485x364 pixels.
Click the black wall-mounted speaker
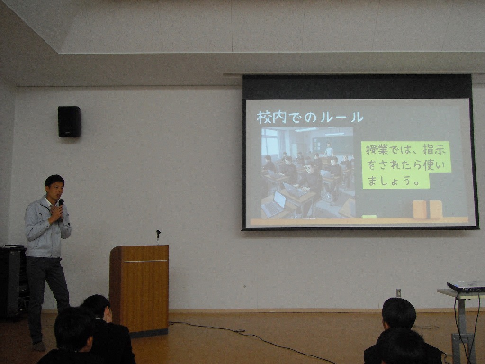coord(69,122)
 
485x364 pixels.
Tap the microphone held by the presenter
coord(61,203)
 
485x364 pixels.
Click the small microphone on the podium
coord(158,237)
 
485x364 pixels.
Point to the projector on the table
coord(466,286)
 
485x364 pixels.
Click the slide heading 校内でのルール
coord(310,117)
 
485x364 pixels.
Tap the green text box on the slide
coord(406,165)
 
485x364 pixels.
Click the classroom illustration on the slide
coord(307,173)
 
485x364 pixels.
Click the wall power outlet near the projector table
coord(399,292)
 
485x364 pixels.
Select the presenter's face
coord(55,188)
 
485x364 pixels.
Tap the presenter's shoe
coord(39,346)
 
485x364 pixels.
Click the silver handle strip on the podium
coord(145,261)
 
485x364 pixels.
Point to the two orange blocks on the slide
coord(428,209)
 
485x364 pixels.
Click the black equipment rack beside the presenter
coord(13,282)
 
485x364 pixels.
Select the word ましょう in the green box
coord(393,181)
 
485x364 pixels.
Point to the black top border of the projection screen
coord(357,87)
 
